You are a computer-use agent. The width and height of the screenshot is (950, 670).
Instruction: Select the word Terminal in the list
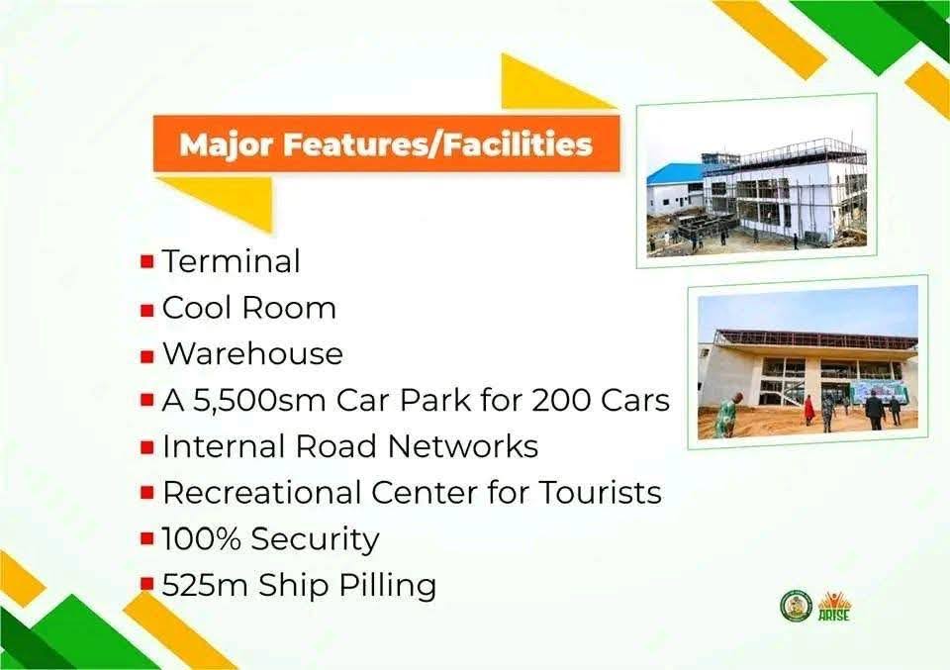click(231, 261)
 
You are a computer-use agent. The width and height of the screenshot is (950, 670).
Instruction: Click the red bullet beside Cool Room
click(146, 310)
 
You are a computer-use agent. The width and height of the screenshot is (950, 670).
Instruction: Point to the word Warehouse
click(252, 353)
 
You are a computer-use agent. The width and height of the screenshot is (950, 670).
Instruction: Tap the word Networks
click(463, 446)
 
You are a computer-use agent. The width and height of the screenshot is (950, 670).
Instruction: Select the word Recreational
click(261, 492)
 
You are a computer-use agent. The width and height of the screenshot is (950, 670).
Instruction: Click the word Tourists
click(600, 492)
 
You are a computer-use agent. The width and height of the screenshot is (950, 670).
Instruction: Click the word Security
click(315, 539)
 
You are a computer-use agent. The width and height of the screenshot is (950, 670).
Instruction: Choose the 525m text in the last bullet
click(205, 585)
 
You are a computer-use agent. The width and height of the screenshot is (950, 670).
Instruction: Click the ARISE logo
click(834, 606)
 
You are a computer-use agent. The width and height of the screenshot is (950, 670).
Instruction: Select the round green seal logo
click(796, 606)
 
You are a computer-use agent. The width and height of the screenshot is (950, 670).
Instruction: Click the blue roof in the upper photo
click(674, 174)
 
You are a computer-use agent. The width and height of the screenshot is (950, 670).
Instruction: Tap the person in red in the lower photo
click(808, 410)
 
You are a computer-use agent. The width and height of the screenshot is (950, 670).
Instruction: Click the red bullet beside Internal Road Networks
click(146, 447)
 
